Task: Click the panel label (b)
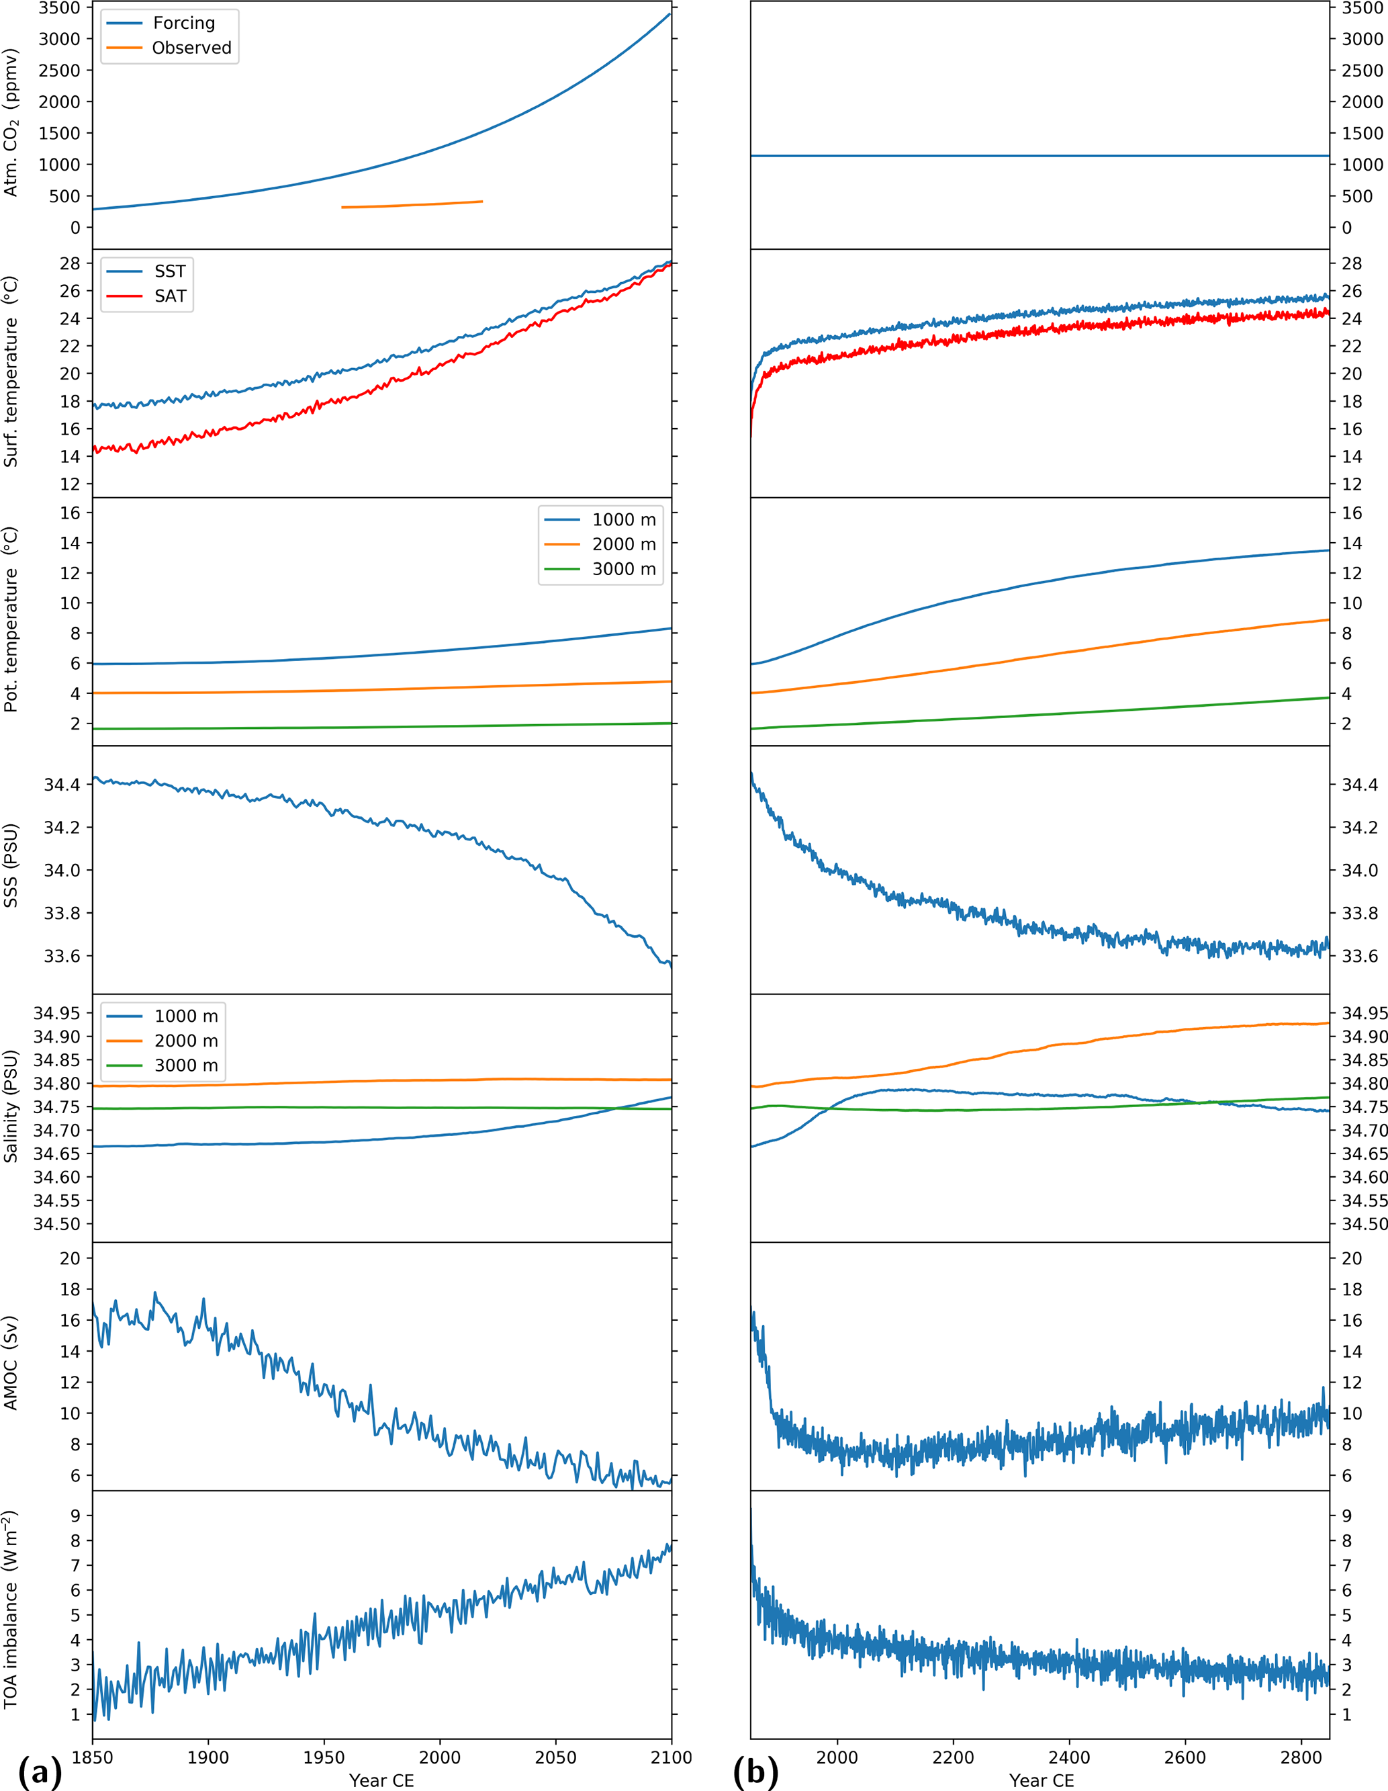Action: point(755,1772)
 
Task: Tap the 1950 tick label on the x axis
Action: point(324,1757)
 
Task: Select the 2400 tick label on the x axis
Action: point(1069,1757)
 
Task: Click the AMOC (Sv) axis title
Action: point(11,1363)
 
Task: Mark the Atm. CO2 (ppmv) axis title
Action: point(11,122)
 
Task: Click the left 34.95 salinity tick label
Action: point(56,1013)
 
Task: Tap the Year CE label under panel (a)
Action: point(381,1780)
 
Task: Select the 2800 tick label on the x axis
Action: point(1301,1757)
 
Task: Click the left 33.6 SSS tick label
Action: point(63,956)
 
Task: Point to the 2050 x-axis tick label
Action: point(556,1757)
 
